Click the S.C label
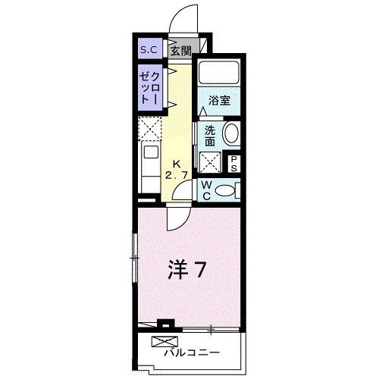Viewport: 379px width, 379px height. pos(148,50)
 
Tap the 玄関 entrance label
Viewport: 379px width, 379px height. pos(180,51)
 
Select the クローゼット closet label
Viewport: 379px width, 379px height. pos(149,88)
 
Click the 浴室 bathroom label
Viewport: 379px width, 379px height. pos(219,99)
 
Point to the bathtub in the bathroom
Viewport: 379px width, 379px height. pos(219,74)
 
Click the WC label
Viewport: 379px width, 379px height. pos(205,190)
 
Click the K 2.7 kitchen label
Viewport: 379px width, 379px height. pos(177,170)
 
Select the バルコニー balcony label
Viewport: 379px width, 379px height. pos(192,353)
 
